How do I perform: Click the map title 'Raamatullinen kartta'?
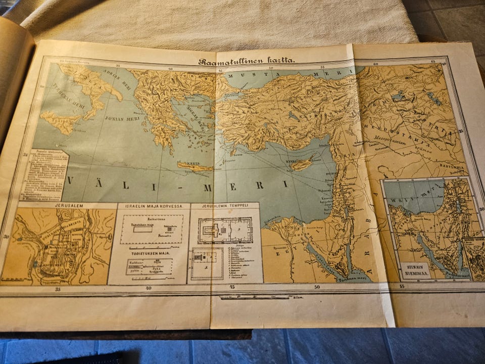click(247, 61)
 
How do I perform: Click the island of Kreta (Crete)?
click(195, 167)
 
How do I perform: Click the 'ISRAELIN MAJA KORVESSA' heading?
click(153, 206)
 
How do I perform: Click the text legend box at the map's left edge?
click(45, 174)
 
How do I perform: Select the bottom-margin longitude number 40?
click(148, 289)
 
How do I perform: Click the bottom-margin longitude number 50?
click(317, 287)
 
